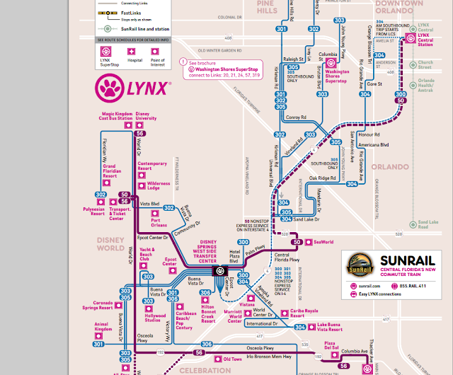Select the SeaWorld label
click(323, 242)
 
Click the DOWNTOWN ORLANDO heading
click(408, 7)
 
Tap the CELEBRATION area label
click(199, 369)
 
